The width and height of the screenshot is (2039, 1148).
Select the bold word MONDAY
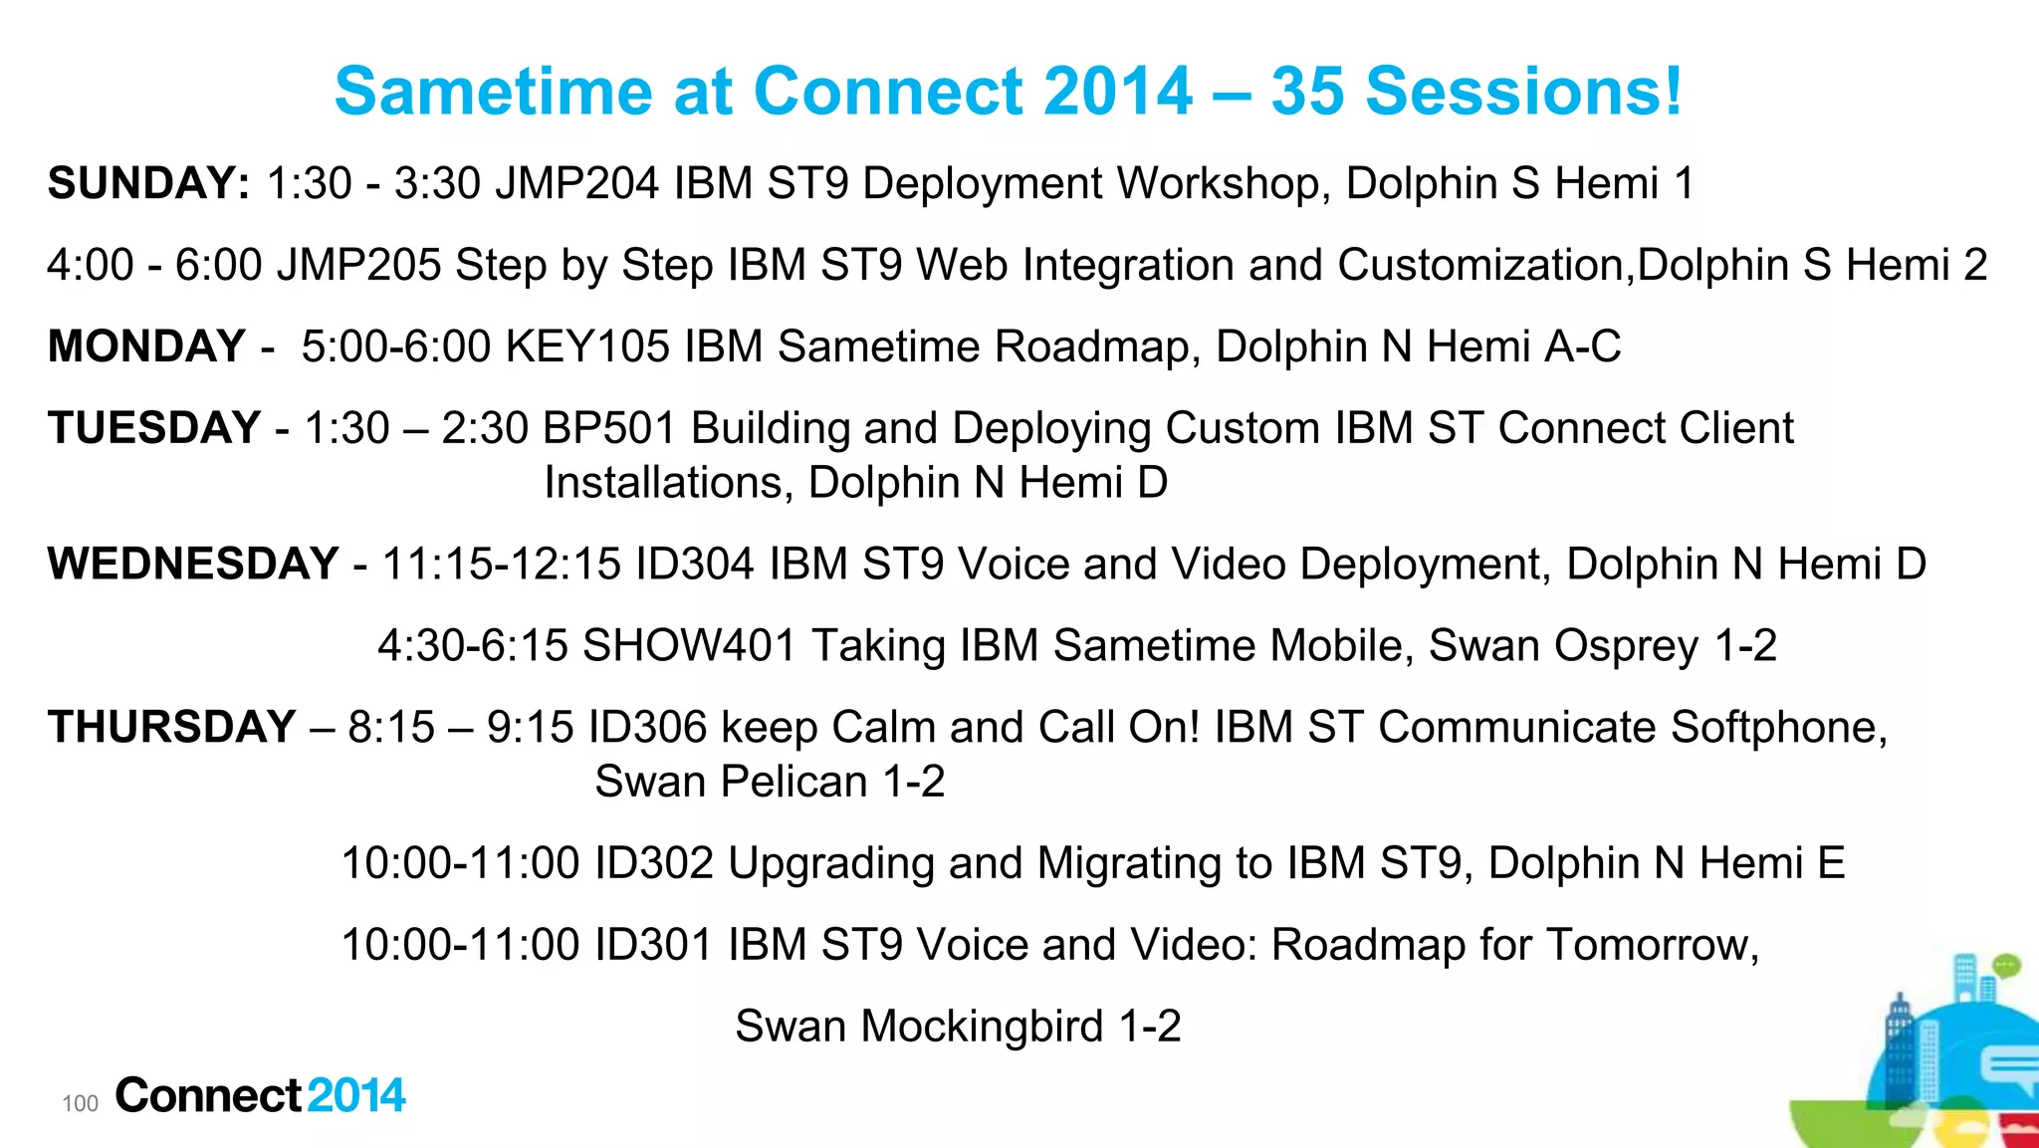146,346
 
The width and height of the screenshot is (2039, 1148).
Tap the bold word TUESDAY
154,428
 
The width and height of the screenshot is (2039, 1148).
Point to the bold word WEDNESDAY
193,564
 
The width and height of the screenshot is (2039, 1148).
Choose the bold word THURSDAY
171,727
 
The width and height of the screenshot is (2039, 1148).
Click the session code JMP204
576,183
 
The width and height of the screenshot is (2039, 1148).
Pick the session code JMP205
358,265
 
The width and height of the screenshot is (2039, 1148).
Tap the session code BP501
609,428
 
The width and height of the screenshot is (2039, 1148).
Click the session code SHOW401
689,645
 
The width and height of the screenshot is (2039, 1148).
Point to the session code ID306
647,727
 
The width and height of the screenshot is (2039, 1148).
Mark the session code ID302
654,862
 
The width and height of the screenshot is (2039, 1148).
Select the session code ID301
654,944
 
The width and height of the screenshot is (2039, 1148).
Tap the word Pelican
794,781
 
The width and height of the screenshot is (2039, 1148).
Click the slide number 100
80,1103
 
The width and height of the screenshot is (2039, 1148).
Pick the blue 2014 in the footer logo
356,1095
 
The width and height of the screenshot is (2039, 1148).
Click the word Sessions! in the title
1523,92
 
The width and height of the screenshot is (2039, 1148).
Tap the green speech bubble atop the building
2006,964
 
